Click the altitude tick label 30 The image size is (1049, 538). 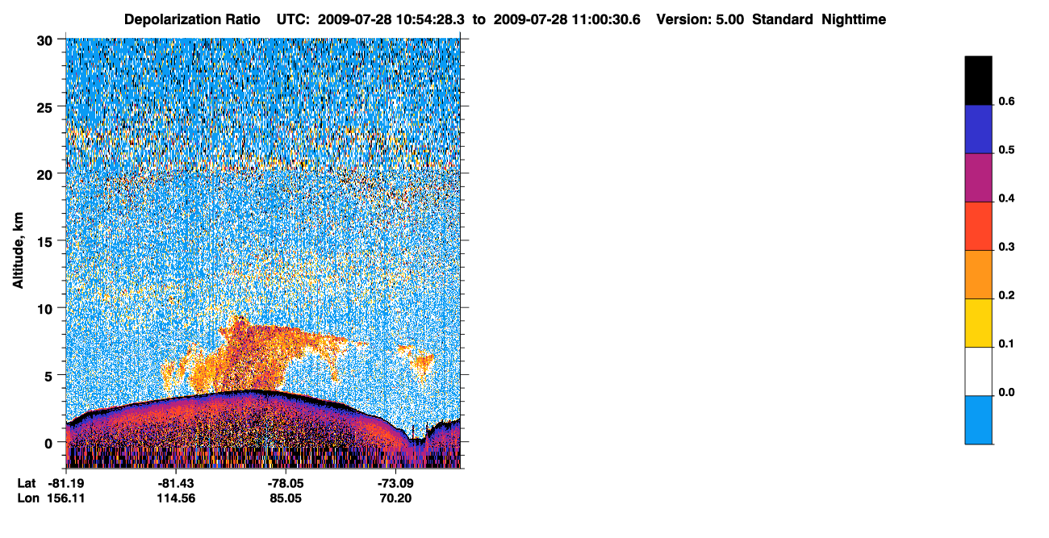44,41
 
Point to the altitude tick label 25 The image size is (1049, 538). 44,108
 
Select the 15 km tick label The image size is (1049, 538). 44,243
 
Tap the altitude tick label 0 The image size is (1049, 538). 48,444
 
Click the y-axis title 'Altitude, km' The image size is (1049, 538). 18,250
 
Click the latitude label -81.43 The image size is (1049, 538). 176,483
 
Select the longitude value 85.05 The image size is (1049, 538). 286,498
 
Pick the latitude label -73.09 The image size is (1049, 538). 395,483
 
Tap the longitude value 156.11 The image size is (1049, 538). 66,498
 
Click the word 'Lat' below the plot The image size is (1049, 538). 27,483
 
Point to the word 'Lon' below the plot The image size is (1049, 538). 28,498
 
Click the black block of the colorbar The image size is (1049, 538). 978,80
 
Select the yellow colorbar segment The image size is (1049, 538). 978,323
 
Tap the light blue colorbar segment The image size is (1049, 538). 978,420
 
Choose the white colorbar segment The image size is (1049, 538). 978,372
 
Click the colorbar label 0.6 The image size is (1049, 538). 1006,101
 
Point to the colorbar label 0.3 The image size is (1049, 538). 1006,247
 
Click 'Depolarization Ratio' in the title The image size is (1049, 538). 192,19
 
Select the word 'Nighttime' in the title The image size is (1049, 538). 853,19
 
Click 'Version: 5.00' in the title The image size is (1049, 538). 700,19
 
